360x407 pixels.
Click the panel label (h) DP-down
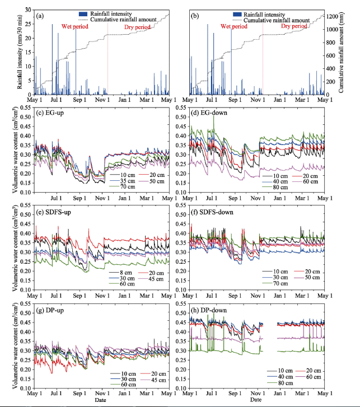click(209, 310)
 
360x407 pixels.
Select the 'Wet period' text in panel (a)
click(75, 26)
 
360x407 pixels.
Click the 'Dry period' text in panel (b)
click(294, 26)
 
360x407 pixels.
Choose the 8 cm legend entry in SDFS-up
click(120, 273)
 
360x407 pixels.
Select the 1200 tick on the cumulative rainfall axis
click(332, 17)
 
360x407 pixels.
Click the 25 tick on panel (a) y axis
click(28, 24)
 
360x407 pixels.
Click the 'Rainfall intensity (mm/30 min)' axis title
click(20, 52)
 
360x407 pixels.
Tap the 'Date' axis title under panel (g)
click(100, 400)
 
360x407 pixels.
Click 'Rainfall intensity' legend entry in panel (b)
click(259, 15)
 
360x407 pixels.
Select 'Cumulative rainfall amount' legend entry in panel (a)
click(118, 20)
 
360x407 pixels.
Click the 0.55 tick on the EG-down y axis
click(181, 107)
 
